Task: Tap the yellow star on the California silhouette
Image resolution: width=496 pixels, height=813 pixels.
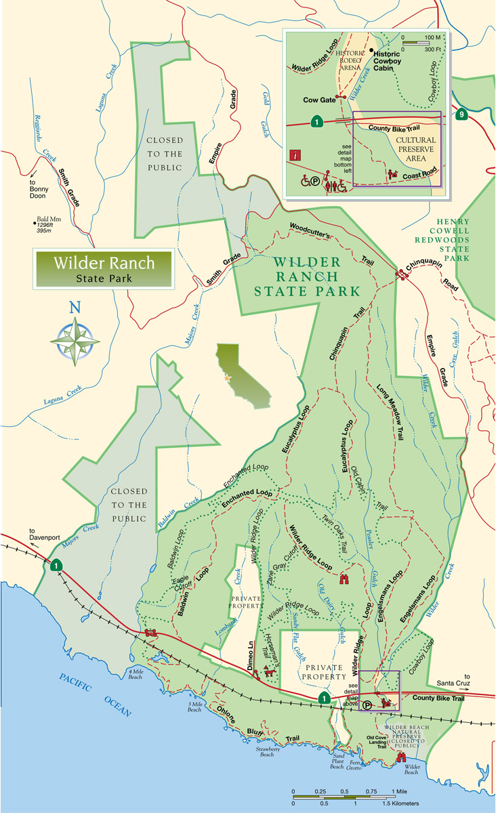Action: [x=228, y=377]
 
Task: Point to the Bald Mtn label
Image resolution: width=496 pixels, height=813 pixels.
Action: [x=48, y=224]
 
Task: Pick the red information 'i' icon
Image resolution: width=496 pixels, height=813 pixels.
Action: [x=295, y=154]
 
